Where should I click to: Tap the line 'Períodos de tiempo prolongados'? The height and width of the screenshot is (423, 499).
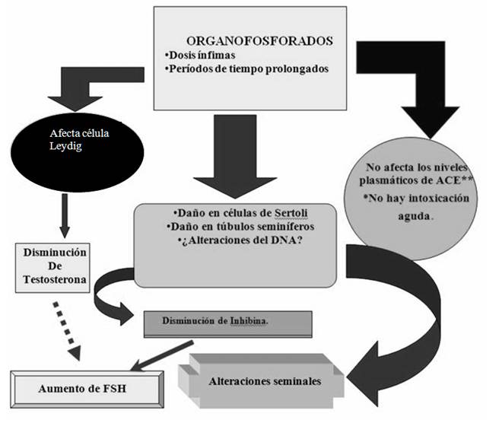(252, 69)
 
